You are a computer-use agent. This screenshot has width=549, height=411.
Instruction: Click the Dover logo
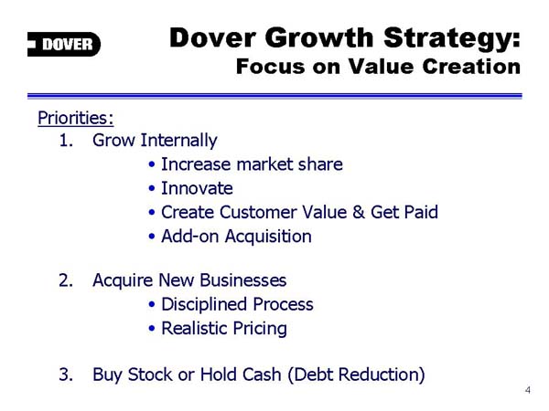point(64,44)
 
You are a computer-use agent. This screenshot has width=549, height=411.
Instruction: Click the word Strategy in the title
point(452,39)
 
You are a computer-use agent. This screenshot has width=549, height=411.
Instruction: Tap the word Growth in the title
point(319,37)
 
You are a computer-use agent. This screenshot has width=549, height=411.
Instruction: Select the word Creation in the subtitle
point(471,66)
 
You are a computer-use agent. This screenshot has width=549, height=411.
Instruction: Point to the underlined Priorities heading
point(76,118)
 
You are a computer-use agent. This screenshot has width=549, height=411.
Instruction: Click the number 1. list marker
point(66,141)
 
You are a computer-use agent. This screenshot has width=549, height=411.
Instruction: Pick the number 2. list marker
point(66,280)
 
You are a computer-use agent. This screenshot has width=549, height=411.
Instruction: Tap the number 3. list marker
point(66,374)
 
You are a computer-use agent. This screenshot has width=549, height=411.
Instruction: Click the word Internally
point(179,141)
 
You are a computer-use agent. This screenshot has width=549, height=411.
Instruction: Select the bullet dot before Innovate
point(152,189)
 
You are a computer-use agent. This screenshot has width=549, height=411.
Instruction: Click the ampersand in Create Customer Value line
point(359,212)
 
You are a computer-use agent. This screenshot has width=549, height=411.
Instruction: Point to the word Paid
point(421,212)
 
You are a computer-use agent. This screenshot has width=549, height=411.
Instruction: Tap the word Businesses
point(243,280)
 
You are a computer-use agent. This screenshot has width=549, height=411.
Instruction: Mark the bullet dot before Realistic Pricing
point(152,329)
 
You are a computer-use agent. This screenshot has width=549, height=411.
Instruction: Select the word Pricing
point(260,329)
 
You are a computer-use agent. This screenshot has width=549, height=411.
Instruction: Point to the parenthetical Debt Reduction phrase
point(357,374)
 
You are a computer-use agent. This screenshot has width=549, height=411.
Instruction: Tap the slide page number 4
point(528,390)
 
